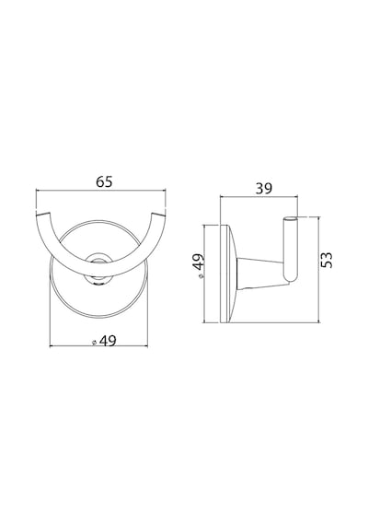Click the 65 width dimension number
point(104,181)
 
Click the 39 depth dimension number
point(264,189)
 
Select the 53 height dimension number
point(327,260)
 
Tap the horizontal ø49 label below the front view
point(104,341)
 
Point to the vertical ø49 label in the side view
point(200,266)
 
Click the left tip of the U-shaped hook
point(43,213)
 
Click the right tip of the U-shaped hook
point(158,213)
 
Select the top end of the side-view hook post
point(291,218)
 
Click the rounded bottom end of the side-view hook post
point(291,277)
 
